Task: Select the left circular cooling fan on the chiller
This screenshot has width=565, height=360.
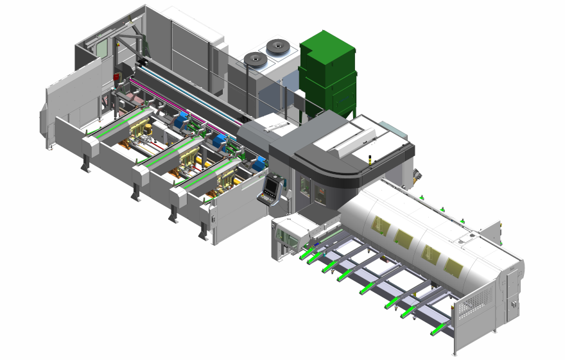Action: (x=255, y=59)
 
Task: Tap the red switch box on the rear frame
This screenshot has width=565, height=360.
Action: (x=117, y=77)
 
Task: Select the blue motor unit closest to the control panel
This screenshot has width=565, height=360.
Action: (x=258, y=164)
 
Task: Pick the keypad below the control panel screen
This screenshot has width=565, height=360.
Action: (x=266, y=198)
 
